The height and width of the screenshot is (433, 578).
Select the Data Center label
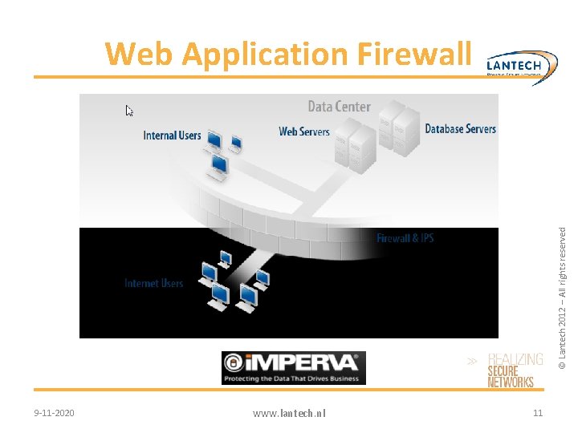[x=340, y=107]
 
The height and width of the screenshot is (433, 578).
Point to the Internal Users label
[x=172, y=136]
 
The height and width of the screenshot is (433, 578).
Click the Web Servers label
[x=303, y=132]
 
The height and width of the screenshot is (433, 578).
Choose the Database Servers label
[x=460, y=128]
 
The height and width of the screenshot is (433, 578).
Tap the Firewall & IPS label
[x=405, y=238]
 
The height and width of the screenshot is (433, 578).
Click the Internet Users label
[x=153, y=283]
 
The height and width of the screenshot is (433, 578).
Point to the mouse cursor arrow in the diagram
[x=129, y=111]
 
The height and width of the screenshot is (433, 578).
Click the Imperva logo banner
[x=294, y=368]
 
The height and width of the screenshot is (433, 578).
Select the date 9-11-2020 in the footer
[x=55, y=412]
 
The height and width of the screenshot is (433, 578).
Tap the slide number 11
[x=538, y=412]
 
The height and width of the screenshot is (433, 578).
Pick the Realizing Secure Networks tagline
[x=515, y=371]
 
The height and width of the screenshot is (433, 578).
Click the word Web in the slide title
[x=140, y=55]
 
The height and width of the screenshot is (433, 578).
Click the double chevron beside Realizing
[x=473, y=362]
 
